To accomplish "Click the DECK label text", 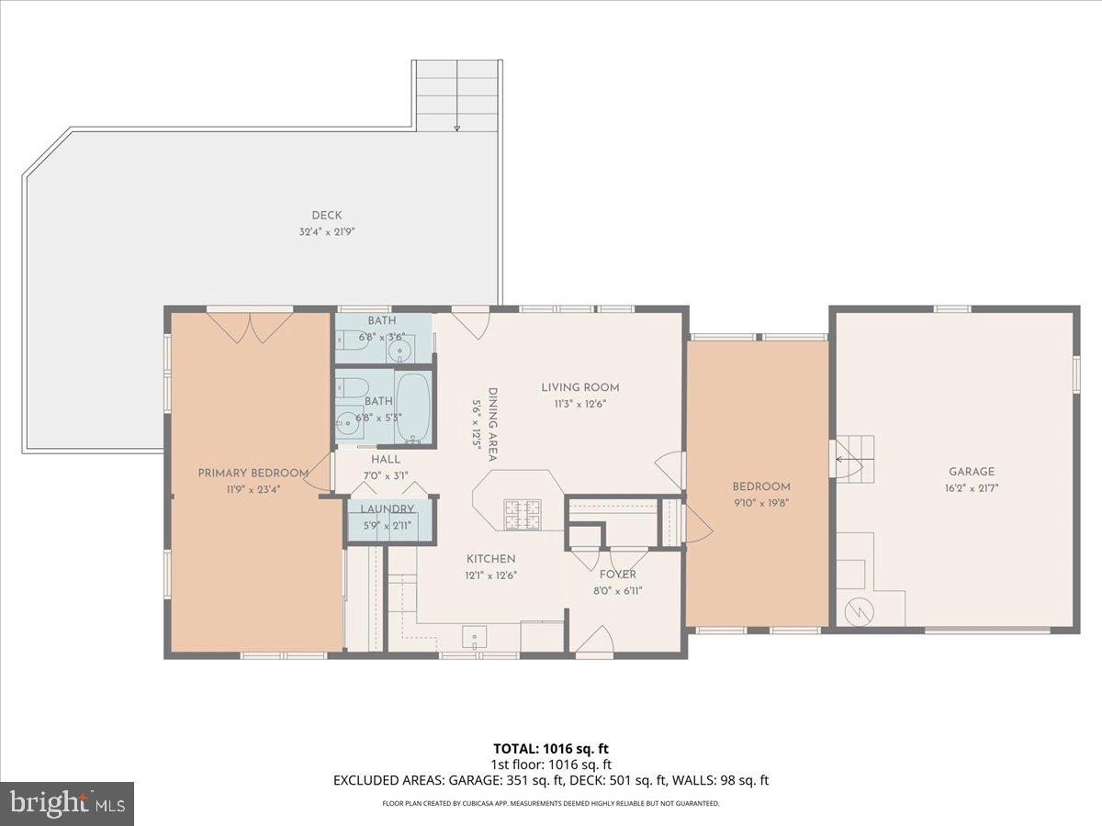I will [x=326, y=216].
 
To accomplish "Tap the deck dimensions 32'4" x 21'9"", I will [x=326, y=232].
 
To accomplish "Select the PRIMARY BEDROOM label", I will [x=253, y=473].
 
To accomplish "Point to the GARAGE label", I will [x=972, y=472].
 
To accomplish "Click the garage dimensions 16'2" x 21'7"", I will [x=972, y=488].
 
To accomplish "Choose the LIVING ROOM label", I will [x=579, y=387].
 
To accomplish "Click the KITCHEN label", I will [x=490, y=559].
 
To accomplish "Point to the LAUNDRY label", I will [x=387, y=509].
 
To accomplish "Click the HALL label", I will [x=386, y=459].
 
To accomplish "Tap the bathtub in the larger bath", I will [x=412, y=406].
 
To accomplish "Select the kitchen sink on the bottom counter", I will [x=475, y=638].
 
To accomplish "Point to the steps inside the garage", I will [x=853, y=456].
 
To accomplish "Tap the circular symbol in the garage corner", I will [x=857, y=609].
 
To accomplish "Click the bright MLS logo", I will [x=67, y=803].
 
